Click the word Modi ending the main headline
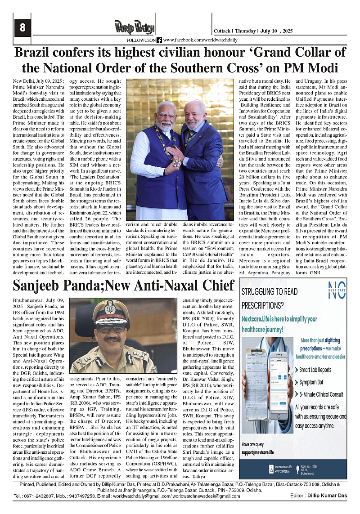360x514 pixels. click(321, 68)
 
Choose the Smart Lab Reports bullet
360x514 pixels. click(315, 370)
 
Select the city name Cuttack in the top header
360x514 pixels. click(222, 31)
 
